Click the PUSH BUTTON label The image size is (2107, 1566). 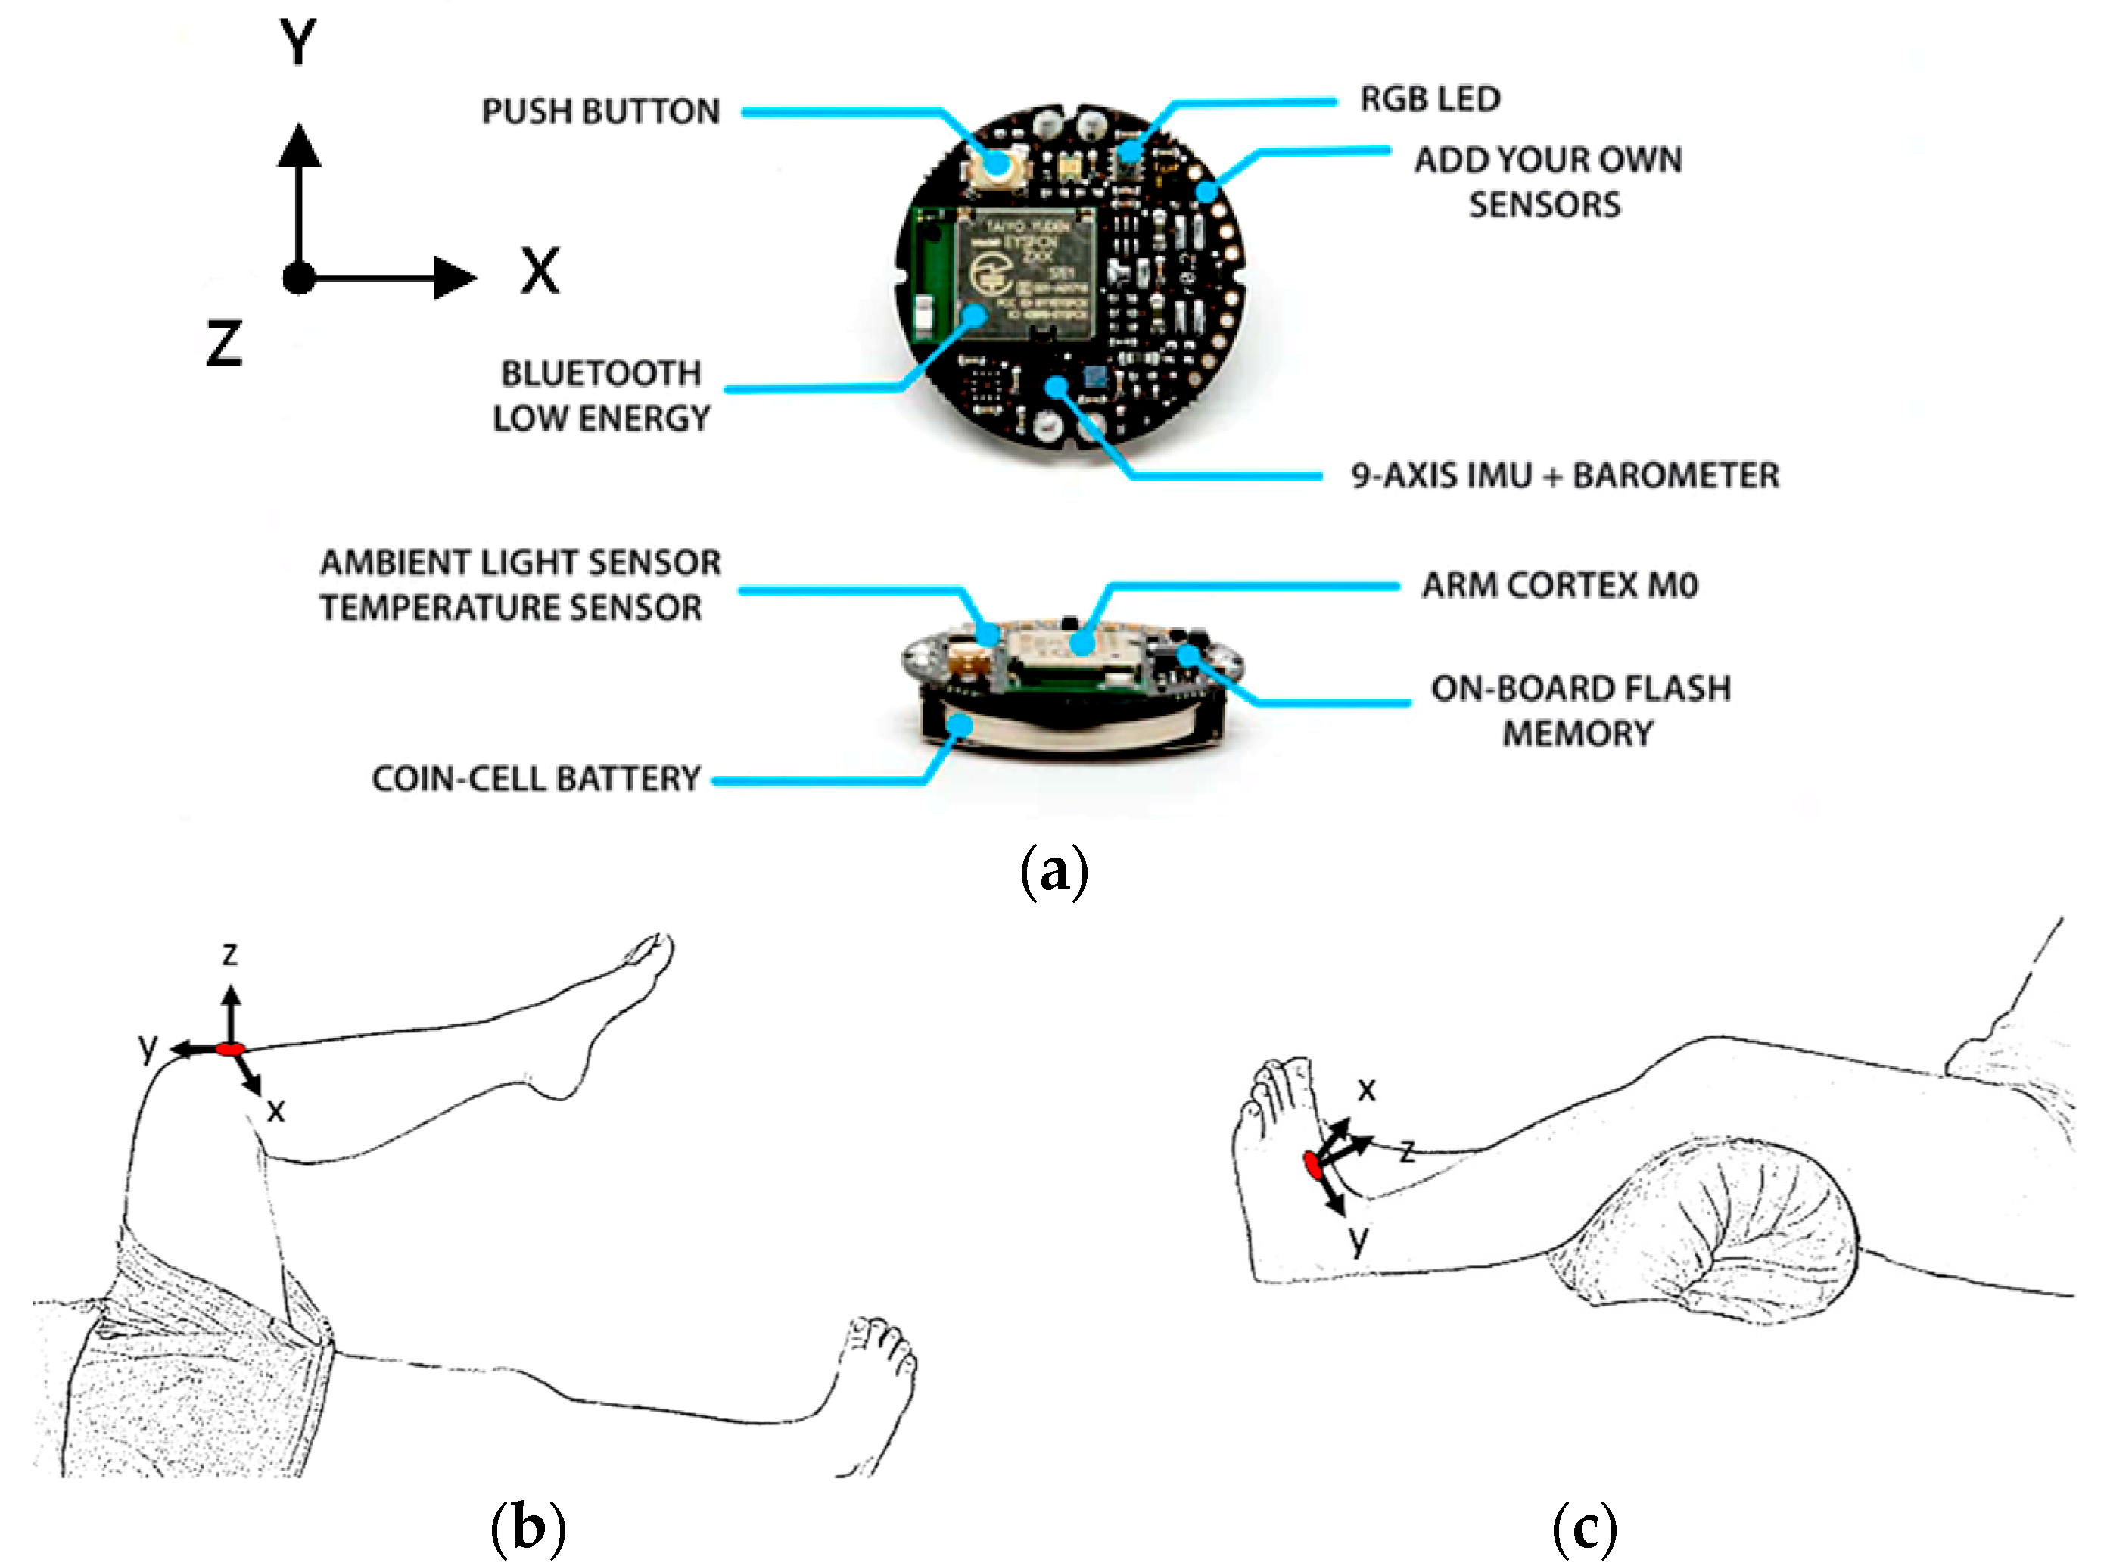[x=601, y=112]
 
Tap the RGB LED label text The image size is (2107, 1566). [x=1430, y=98]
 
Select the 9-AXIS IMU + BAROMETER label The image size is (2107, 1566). [x=1564, y=475]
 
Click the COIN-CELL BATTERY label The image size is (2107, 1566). [x=536, y=778]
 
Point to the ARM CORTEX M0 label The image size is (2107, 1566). [x=1559, y=585]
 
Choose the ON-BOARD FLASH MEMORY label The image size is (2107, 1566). [x=1580, y=710]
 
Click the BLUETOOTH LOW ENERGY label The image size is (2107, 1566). [x=601, y=395]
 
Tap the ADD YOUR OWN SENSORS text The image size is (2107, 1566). [x=1547, y=182]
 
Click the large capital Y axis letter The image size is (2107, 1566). [x=297, y=42]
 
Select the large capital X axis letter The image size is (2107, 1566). [x=540, y=271]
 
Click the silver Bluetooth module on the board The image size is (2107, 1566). [x=1025, y=272]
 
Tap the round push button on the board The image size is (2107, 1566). [x=996, y=165]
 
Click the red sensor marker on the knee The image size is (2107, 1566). [x=230, y=1048]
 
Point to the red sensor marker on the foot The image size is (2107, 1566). [x=1313, y=1165]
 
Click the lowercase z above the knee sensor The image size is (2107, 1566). [x=229, y=954]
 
